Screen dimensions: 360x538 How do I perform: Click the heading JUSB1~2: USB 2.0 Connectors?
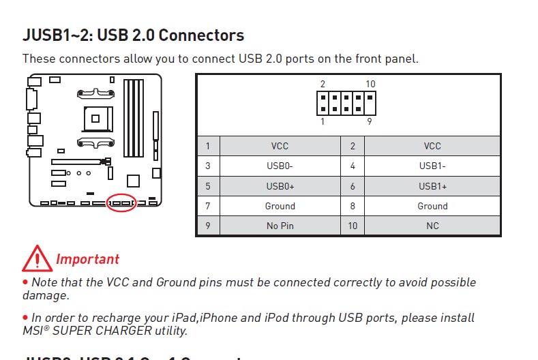(x=134, y=35)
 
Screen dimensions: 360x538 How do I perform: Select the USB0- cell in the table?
(x=280, y=166)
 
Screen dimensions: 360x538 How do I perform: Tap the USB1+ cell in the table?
(x=432, y=186)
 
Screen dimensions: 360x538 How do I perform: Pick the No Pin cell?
(x=280, y=226)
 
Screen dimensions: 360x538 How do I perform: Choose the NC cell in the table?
(x=432, y=226)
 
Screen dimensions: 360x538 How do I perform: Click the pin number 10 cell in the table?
(x=353, y=226)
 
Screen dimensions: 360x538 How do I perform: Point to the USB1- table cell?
(x=432, y=166)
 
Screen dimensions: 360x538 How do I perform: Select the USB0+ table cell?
(x=280, y=186)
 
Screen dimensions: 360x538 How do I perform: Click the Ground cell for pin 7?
(x=280, y=206)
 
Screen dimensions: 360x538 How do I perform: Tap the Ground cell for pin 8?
(x=432, y=206)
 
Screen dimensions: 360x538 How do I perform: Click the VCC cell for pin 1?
(x=280, y=146)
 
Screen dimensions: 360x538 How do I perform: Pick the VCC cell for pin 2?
(x=432, y=146)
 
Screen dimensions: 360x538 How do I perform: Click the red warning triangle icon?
(x=37, y=258)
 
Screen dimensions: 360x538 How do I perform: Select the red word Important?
(x=87, y=260)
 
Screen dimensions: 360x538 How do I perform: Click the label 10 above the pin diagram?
(x=370, y=85)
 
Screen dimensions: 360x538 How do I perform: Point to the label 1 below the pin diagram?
(x=323, y=121)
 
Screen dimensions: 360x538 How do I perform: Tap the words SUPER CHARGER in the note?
(x=91, y=331)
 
